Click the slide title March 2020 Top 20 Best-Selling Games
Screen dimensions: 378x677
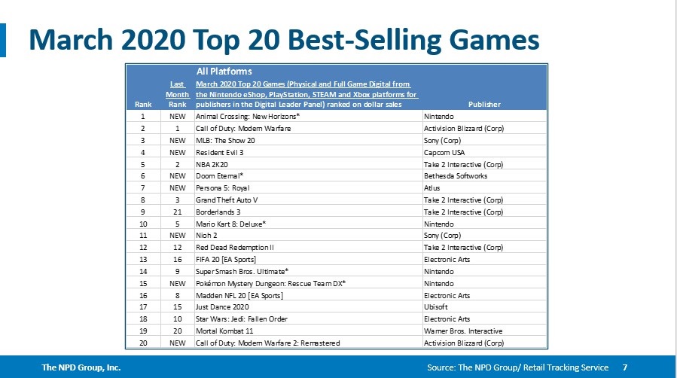click(284, 39)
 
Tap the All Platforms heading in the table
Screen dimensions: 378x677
click(224, 71)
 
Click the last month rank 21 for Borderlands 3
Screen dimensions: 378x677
click(177, 212)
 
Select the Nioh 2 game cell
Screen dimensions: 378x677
click(207, 235)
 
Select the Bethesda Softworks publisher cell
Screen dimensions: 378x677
click(456, 175)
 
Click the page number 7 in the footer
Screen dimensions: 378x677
click(625, 367)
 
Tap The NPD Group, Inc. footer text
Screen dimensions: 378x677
click(81, 367)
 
